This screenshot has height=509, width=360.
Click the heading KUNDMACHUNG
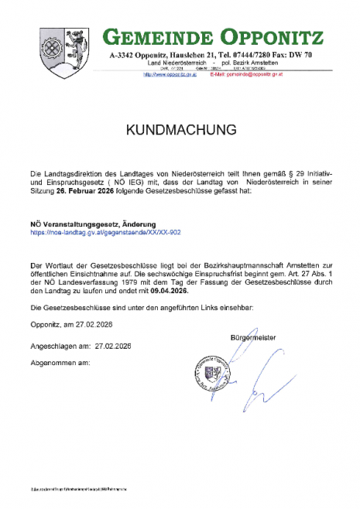(180, 132)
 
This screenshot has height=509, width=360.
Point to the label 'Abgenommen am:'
(55, 362)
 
